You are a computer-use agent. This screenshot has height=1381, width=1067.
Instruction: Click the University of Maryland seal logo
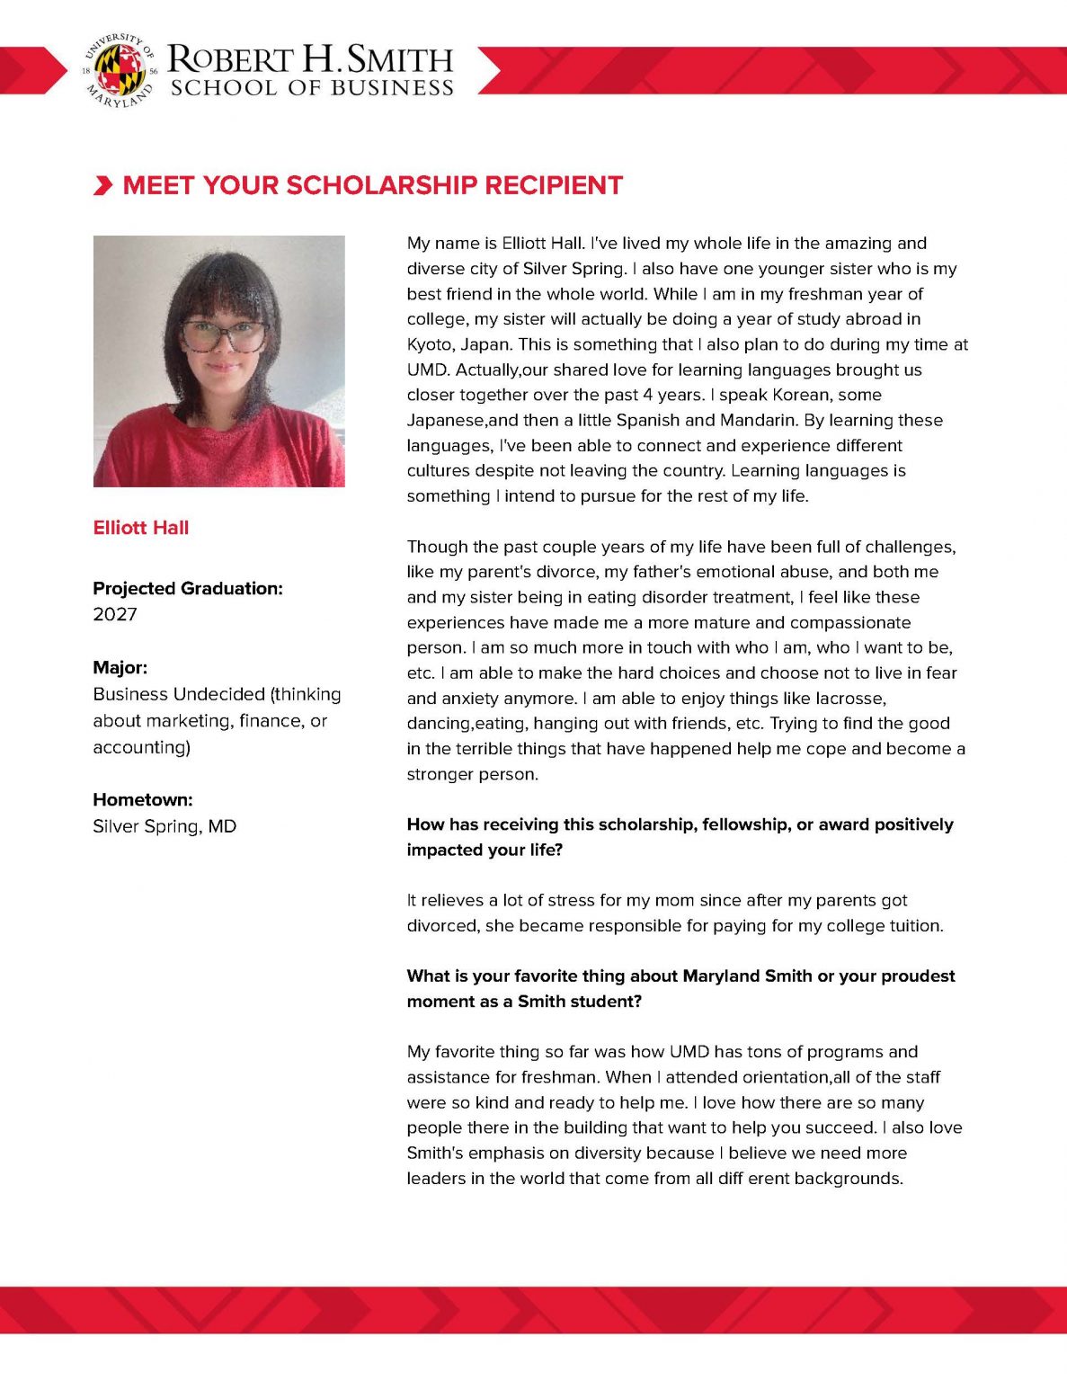click(120, 70)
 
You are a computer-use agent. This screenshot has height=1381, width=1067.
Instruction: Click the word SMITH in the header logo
click(400, 60)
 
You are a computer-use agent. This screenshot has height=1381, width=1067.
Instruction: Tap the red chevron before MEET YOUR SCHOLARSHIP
click(103, 186)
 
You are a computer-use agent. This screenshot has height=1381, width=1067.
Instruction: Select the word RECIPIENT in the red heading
click(554, 185)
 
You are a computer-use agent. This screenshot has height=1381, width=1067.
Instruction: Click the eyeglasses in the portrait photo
click(225, 336)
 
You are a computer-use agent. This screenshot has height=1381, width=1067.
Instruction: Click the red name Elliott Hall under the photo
click(141, 528)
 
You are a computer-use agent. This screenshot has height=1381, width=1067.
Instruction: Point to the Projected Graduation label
click(187, 588)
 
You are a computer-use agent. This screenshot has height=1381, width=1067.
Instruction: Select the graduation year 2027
click(115, 614)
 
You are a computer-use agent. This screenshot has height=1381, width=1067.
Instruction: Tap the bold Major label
click(120, 667)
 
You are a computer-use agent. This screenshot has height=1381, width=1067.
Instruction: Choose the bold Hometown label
click(142, 799)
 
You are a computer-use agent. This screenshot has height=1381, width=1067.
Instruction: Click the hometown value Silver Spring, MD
click(164, 826)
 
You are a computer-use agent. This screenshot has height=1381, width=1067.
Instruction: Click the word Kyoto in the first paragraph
click(431, 344)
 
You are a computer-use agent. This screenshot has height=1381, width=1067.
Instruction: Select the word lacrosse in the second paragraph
click(850, 698)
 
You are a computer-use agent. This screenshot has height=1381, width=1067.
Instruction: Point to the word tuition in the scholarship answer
click(913, 925)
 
